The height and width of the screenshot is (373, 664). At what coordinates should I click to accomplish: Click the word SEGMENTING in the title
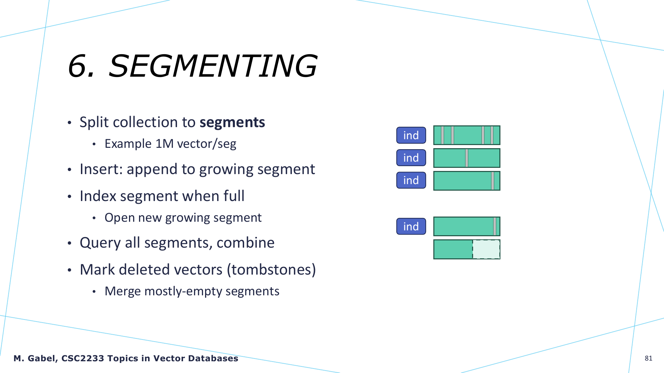213,66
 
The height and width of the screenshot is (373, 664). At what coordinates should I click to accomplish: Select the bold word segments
232,123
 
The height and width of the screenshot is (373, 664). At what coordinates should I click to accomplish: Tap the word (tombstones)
271,270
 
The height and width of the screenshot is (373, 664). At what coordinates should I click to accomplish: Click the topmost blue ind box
411,135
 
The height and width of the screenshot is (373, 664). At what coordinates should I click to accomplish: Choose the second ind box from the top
411,157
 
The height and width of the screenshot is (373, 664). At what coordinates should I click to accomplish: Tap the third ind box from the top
411,180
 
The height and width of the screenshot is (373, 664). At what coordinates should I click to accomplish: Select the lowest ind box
411,226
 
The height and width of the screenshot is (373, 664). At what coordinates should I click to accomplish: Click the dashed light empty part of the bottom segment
486,249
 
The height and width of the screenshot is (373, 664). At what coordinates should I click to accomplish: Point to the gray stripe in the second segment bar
467,158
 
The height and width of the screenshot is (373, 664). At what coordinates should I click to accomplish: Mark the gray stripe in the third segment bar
492,181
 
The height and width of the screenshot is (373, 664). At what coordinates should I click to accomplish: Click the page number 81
648,358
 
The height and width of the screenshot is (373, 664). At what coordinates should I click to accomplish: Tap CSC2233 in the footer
83,358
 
